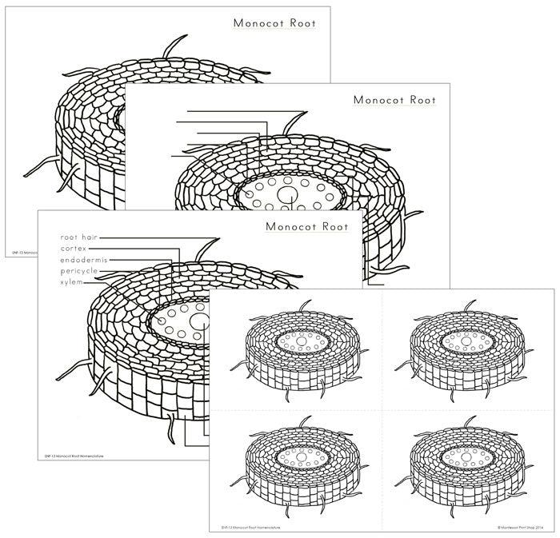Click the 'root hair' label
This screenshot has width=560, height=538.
[78, 237]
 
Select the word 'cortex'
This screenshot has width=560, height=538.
[74, 249]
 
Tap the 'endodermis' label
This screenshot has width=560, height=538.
[83, 260]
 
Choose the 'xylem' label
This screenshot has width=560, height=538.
[70, 282]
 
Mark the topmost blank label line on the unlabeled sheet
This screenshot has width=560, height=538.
[240, 111]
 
